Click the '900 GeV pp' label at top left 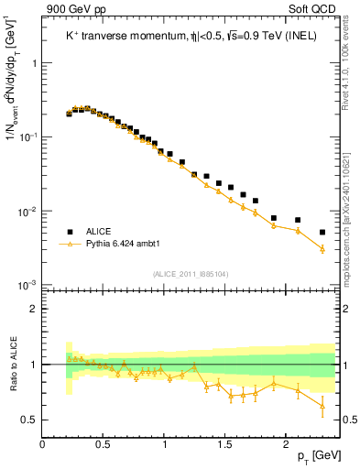coord(70,9)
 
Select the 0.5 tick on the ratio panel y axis coord(29,420)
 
